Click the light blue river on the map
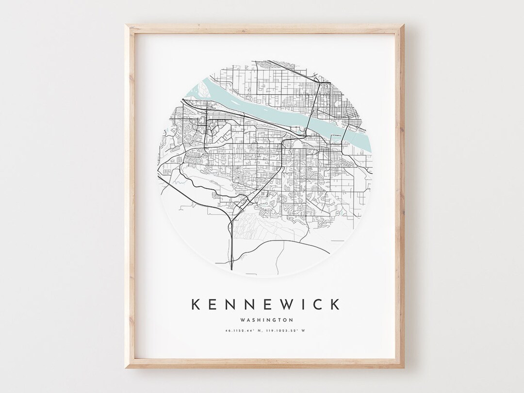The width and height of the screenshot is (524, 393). point(272,112)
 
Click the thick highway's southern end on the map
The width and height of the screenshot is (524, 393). point(232,268)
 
